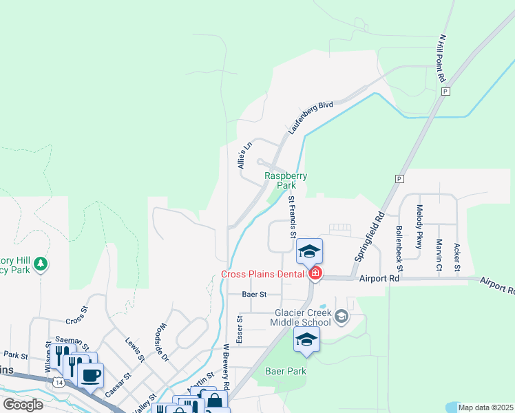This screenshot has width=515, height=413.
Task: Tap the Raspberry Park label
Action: point(286,180)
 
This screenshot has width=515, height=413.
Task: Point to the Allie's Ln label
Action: point(243,155)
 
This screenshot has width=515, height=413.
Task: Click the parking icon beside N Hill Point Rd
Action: point(445,91)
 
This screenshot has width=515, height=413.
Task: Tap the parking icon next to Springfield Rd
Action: point(398,178)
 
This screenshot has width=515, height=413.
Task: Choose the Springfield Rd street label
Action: point(369,236)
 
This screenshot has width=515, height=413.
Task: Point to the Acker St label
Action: point(457,256)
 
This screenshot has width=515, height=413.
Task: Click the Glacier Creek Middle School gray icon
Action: point(341,316)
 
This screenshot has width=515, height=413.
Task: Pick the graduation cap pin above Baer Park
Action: point(306,339)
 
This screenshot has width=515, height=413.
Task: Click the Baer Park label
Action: point(285,371)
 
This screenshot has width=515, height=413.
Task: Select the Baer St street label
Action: point(254,294)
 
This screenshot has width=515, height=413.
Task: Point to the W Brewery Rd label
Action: point(225,365)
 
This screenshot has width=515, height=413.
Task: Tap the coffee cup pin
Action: point(90,375)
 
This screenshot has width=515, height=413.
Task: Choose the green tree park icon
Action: point(41,264)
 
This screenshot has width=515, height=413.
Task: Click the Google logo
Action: point(23,404)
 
